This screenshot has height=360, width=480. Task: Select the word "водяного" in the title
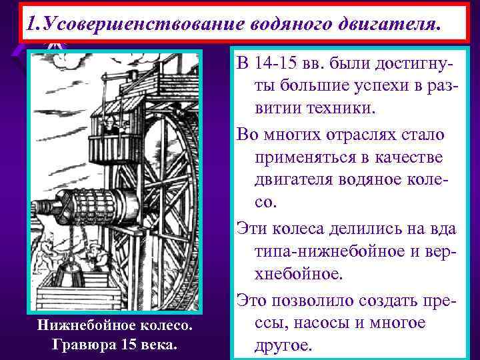pos(290,24)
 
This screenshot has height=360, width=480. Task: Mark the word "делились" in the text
pos(376,229)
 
